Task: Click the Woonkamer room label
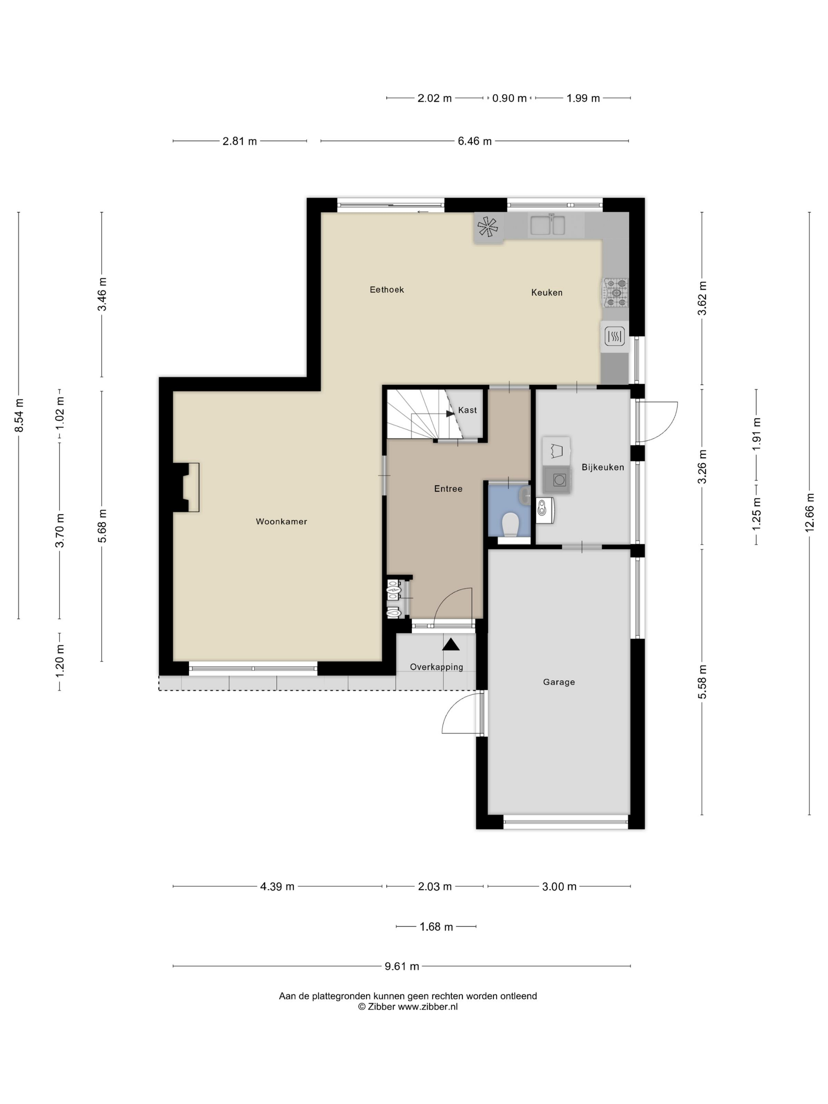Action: point(281,522)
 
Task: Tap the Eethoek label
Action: point(387,289)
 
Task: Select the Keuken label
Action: point(546,293)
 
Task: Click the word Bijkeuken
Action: point(602,467)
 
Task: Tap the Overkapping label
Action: point(436,667)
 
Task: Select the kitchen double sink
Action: point(548,225)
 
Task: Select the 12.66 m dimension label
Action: point(809,513)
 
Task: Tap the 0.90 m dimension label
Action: point(509,98)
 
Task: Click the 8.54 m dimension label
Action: point(19,415)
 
